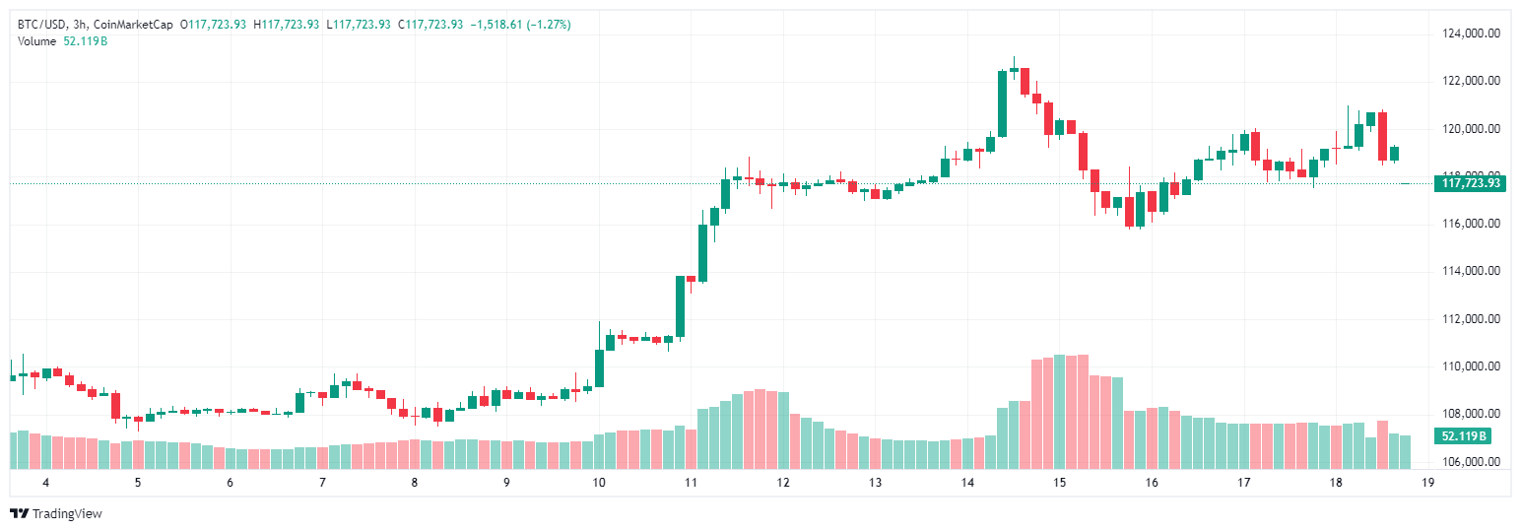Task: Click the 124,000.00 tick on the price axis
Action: [x=1471, y=33]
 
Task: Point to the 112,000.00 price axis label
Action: [x=1471, y=319]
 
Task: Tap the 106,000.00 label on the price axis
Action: [x=1471, y=462]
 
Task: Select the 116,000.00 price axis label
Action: [x=1471, y=224]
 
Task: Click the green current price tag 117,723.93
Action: [x=1471, y=183]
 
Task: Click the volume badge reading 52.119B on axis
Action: [x=1463, y=436]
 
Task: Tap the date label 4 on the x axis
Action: [x=45, y=483]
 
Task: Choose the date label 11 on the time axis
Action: [x=691, y=483]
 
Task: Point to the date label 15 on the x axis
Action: [x=1059, y=483]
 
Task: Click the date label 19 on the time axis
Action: [x=1427, y=483]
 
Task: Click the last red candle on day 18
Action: [x=1383, y=136]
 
